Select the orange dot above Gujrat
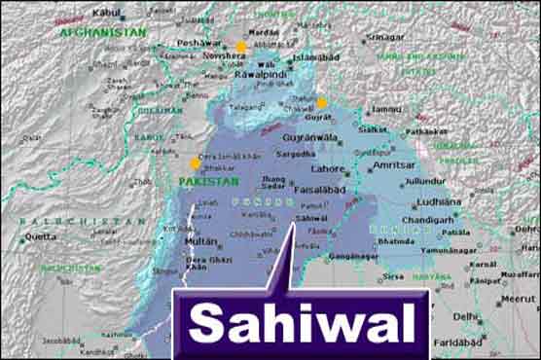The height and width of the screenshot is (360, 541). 322,103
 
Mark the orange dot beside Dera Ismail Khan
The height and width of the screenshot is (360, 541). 195,163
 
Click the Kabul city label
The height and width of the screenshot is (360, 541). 107,13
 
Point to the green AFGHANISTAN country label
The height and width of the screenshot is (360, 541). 102,32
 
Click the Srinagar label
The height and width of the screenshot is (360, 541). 385,37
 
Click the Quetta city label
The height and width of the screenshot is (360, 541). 40,235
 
